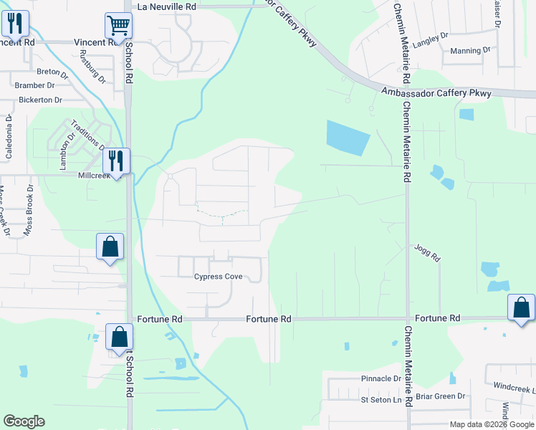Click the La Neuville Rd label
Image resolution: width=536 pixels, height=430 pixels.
[x=166, y=6]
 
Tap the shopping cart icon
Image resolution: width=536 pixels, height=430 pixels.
[x=118, y=26]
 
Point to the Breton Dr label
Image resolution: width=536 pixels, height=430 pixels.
[x=52, y=72]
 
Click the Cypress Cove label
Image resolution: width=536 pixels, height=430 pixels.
[x=219, y=277]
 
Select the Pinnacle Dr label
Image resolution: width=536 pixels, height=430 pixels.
[x=381, y=378]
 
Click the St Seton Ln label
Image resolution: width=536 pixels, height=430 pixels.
[x=381, y=399]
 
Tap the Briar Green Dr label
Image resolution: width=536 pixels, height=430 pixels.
[x=442, y=396]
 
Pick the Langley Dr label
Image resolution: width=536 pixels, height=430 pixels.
[x=431, y=34]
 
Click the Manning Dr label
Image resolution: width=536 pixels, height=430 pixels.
[x=470, y=51]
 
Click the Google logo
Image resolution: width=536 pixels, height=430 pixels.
[x=24, y=421]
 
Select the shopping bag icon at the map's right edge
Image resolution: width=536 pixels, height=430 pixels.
[x=521, y=307]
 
